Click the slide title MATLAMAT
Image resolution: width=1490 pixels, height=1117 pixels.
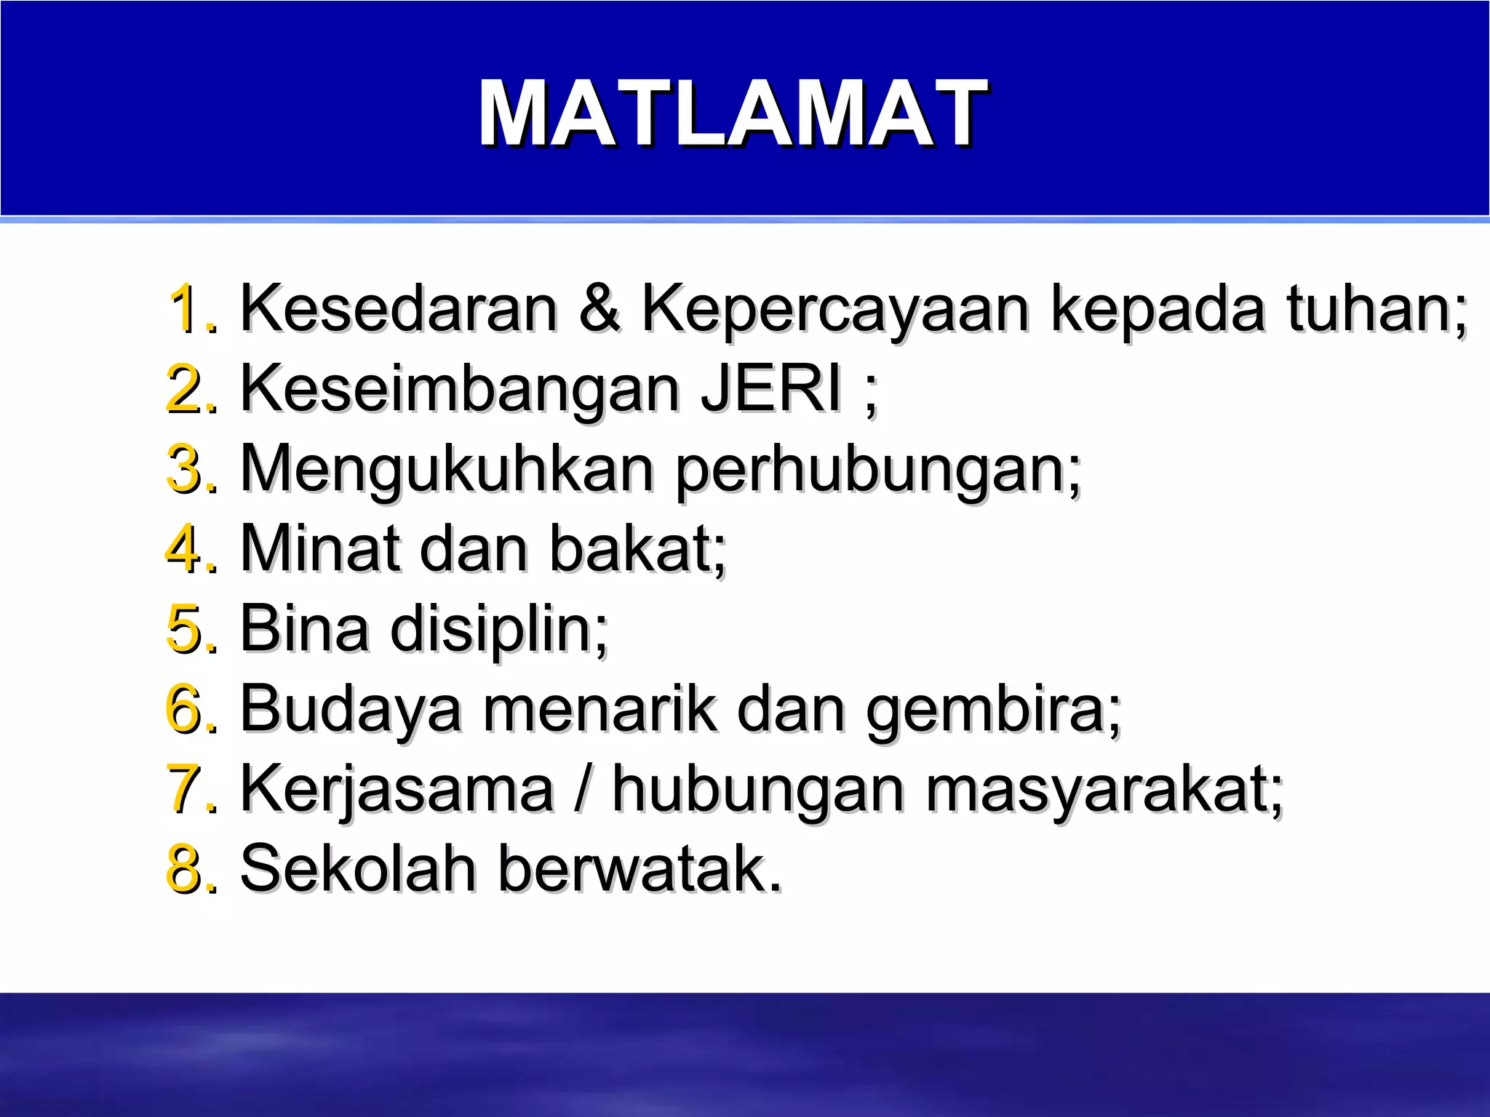[731, 113]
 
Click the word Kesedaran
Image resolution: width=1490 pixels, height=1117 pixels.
[399, 308]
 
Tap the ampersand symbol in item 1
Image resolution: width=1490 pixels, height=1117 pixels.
[599, 308]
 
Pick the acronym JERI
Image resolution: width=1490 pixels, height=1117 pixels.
[771, 388]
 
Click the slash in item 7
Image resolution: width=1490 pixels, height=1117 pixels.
[581, 788]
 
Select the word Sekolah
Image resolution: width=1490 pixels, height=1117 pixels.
[357, 868]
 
